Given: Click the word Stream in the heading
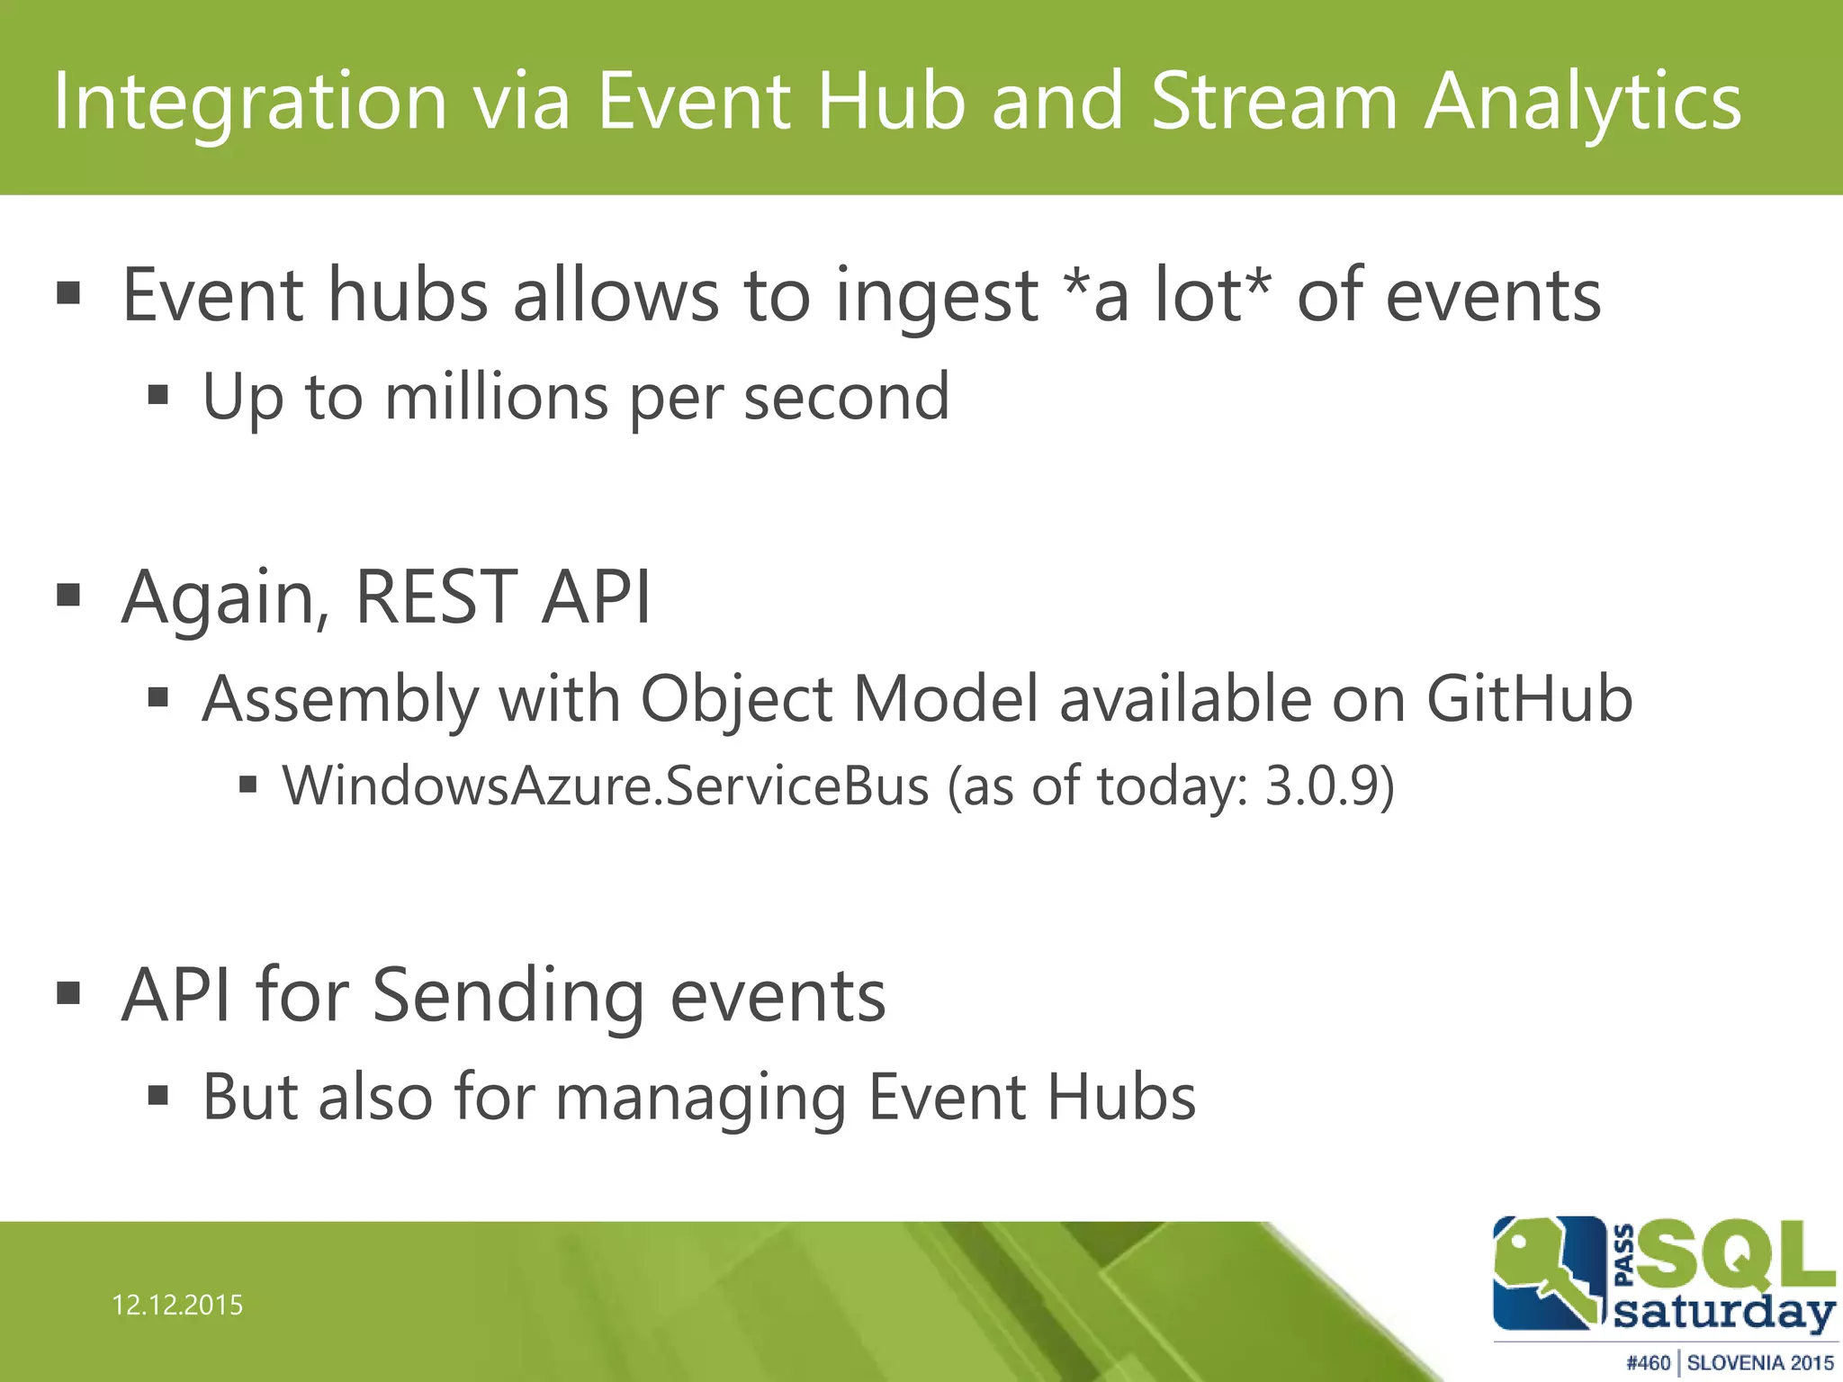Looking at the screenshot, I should (x=1273, y=101).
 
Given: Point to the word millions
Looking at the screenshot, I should (x=496, y=397).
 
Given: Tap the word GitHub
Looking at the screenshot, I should (x=1530, y=699).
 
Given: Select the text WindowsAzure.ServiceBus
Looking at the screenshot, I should (x=606, y=786).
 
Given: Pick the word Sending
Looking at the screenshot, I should (x=508, y=997).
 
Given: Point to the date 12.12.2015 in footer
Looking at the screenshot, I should (x=177, y=1306).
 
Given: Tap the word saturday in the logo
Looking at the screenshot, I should (x=1724, y=1313).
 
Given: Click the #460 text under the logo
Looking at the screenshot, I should (x=1648, y=1363).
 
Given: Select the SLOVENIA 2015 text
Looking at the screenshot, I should (x=1760, y=1363).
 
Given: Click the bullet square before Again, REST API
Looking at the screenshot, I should (x=68, y=596).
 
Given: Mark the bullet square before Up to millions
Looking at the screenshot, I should (x=158, y=395).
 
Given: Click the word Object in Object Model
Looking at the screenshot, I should (x=736, y=701).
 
